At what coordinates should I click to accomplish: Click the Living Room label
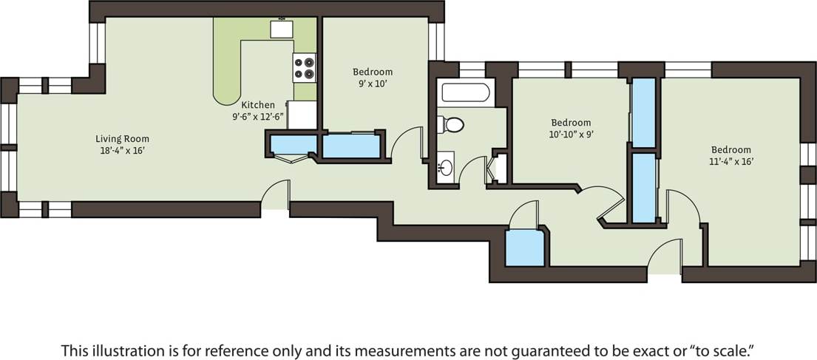[x=122, y=138]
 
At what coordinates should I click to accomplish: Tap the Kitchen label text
[x=258, y=105]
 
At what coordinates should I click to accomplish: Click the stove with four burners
[x=304, y=67]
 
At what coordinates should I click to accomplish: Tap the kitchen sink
[x=282, y=29]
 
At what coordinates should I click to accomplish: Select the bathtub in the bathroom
[x=464, y=94]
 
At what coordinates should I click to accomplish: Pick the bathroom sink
[x=445, y=167]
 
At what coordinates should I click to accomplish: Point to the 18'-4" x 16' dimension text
[x=122, y=150]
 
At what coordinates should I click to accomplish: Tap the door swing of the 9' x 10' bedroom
[x=407, y=143]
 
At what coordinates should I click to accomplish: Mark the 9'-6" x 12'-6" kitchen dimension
[x=258, y=116]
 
